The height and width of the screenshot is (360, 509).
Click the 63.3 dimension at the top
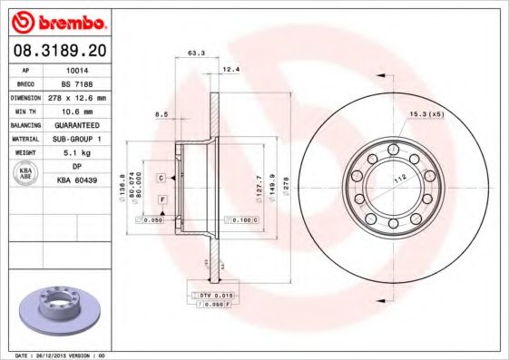pos(194,54)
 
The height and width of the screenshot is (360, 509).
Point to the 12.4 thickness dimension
pos(230,69)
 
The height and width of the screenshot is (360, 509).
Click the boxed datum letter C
pos(160,178)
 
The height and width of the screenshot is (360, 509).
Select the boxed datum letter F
pos(162,199)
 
